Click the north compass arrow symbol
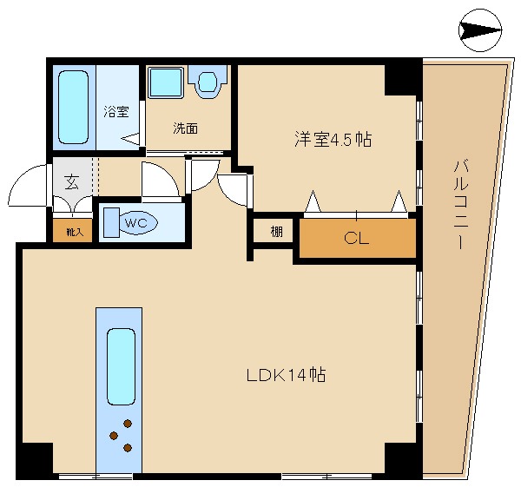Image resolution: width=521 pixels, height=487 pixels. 480,30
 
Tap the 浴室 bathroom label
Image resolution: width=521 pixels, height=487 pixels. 116,111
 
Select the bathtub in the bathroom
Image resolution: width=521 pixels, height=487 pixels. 74,108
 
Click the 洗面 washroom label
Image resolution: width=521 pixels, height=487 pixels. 186,128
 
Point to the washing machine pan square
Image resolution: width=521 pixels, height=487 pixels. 166,82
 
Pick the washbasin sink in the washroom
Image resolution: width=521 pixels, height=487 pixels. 208,82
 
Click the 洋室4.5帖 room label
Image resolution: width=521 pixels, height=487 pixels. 333,139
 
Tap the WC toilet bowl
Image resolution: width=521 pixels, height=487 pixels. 137,222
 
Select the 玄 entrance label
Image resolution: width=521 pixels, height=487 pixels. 72,182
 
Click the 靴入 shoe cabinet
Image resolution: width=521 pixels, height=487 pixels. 73,231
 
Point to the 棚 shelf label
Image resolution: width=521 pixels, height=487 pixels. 276,232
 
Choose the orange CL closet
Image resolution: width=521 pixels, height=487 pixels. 358,238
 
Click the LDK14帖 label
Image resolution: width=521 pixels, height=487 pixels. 286,375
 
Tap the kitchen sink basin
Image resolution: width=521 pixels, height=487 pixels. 122,366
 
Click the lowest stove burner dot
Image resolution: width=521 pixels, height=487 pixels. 128,448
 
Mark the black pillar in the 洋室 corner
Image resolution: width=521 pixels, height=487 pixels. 400,80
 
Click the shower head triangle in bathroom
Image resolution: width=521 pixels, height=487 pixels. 130,139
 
